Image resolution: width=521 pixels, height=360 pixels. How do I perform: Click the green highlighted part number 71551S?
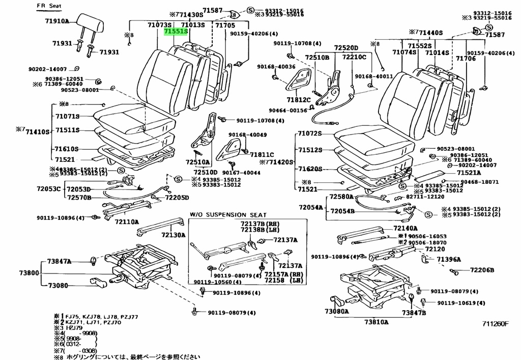(176, 32)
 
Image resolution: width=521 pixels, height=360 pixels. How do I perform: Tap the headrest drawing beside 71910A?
(92, 22)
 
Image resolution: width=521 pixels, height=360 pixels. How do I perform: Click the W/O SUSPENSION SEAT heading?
(228, 215)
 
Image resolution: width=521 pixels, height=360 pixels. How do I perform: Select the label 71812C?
(298, 100)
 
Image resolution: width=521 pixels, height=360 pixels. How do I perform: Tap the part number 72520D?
(346, 48)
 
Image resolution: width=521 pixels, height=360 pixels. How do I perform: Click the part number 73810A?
(376, 322)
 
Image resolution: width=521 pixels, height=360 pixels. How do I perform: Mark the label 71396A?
(448, 259)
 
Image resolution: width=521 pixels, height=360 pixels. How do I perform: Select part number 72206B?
(482, 270)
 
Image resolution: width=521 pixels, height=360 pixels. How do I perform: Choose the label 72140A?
(405, 229)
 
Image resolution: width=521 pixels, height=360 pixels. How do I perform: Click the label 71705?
(225, 25)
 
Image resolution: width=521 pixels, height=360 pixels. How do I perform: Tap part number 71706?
(465, 59)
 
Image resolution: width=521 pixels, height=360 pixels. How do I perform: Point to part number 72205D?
(176, 198)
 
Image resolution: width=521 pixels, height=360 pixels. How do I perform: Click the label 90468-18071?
(479, 182)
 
